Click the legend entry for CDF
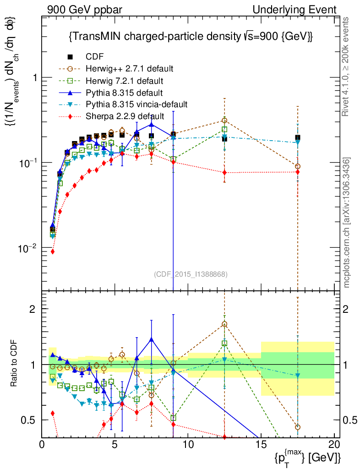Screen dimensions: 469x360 (95, 57)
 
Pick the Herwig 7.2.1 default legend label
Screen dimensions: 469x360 (125, 81)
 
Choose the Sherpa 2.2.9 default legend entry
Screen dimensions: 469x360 (125, 116)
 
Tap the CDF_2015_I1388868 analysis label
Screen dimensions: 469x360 (190, 274)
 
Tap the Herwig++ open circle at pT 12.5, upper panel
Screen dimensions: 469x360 (224, 120)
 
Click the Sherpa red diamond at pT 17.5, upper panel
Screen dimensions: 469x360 (298, 172)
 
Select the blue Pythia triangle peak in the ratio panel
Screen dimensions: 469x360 (152, 339)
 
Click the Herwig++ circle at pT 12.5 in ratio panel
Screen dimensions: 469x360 (224, 324)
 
